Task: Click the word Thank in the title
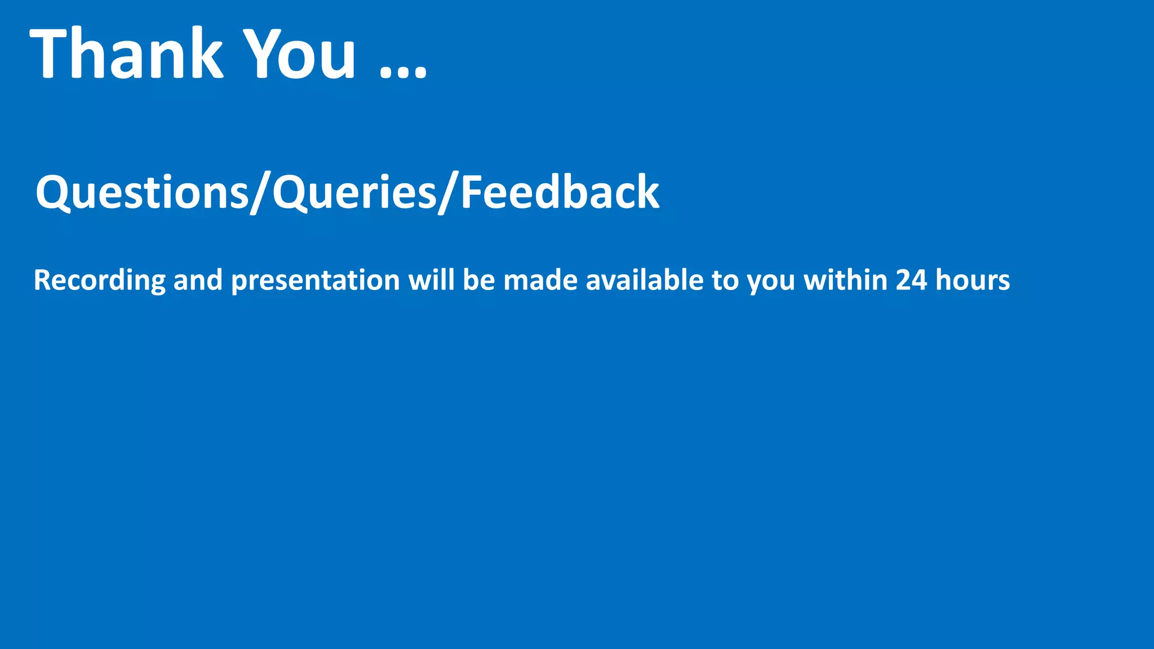127,54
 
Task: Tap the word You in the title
301,54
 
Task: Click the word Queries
354,193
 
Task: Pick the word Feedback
560,193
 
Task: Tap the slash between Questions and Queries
260,193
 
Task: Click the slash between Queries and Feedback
449,193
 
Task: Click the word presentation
316,281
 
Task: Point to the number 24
911,281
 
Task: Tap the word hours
973,281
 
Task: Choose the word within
846,281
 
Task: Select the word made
540,281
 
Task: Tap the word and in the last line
198,281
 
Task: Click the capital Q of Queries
290,193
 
